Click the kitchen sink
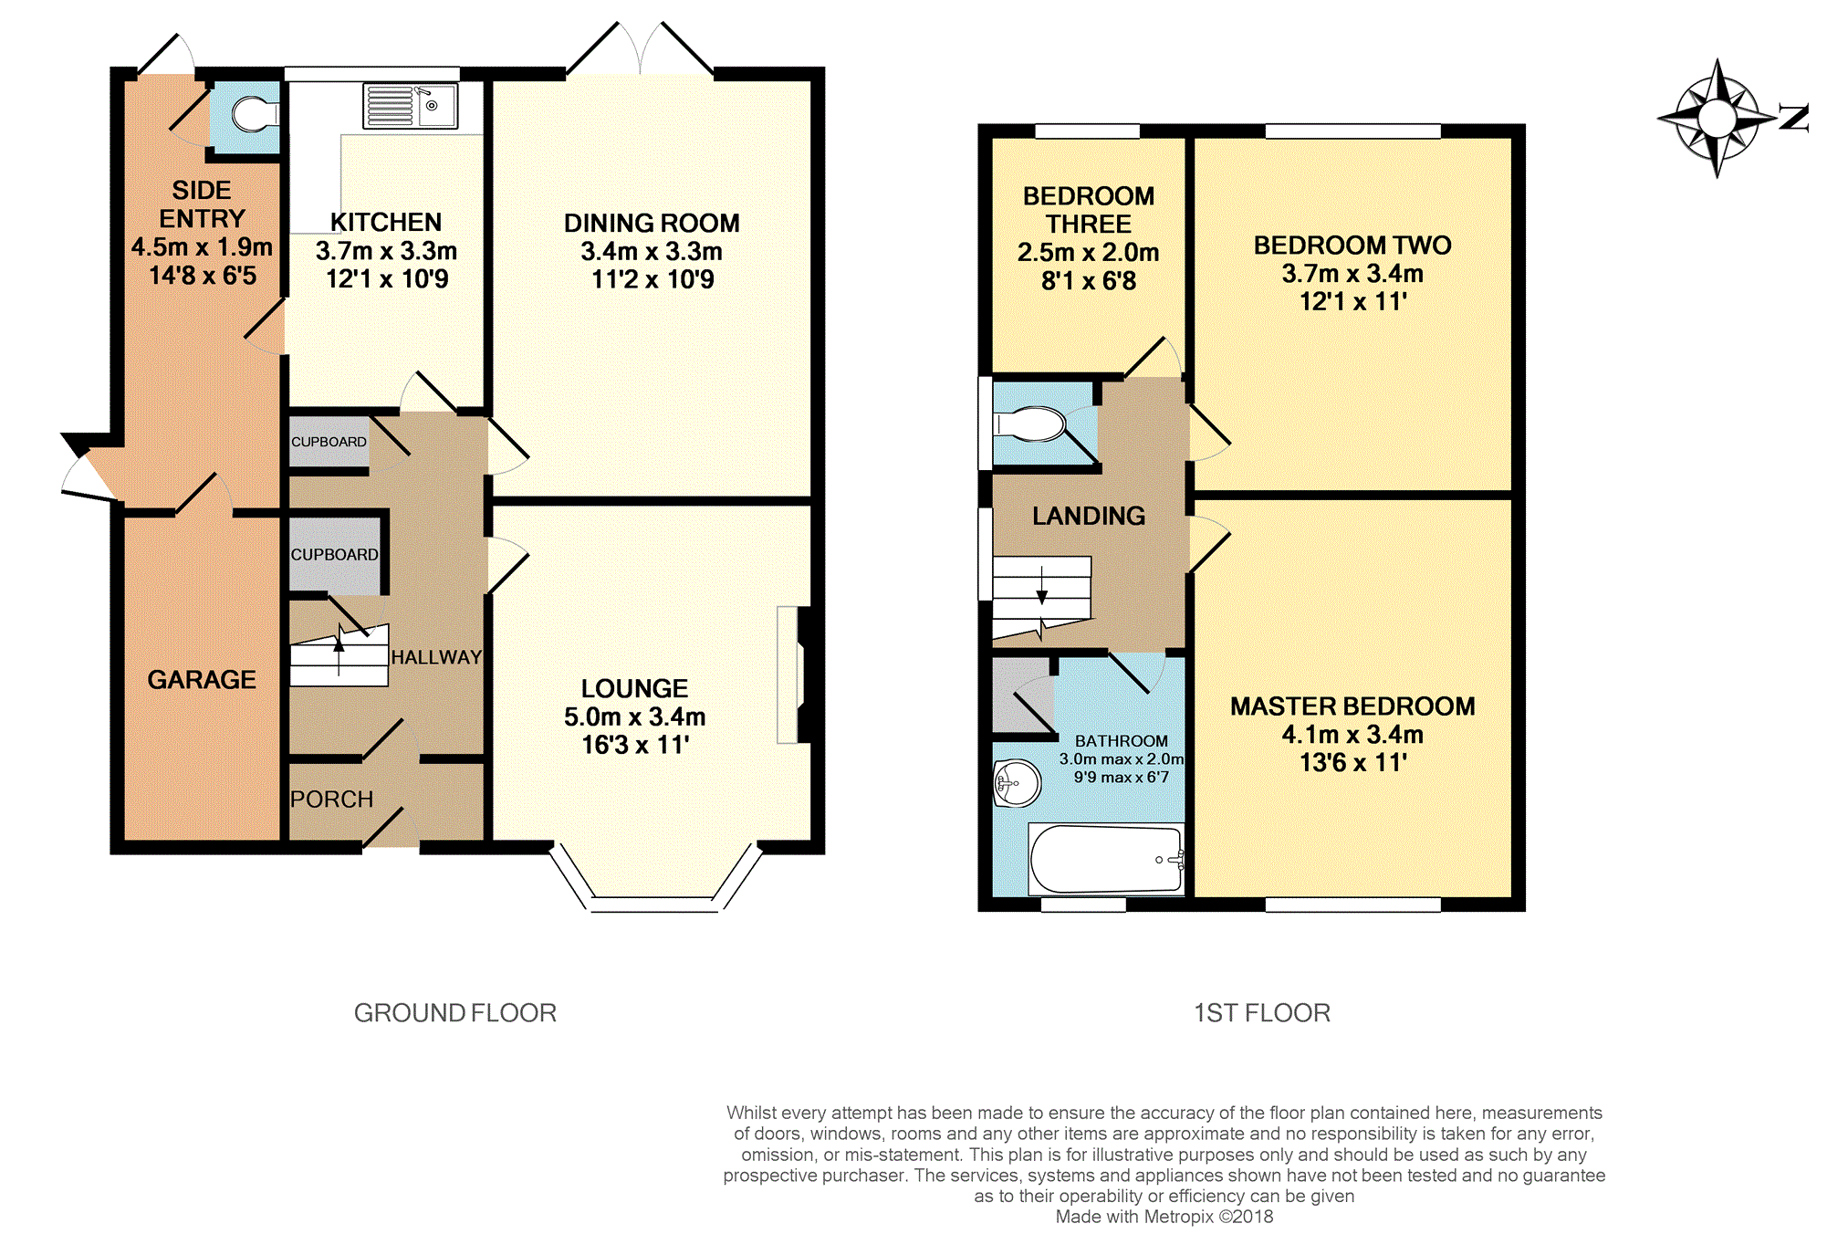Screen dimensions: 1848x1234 coord(411,106)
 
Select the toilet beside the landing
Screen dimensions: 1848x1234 coord(1030,424)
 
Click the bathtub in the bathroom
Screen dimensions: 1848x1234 coord(1106,859)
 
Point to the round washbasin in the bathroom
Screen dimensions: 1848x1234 coord(1018,783)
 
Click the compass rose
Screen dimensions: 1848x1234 coord(1717,118)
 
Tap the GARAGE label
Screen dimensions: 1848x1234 coord(202,680)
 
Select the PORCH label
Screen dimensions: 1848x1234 coord(332,800)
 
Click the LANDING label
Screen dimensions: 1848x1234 coord(1089,517)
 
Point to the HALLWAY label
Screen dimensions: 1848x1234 coord(436,657)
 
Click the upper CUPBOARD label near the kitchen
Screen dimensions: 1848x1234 coord(329,442)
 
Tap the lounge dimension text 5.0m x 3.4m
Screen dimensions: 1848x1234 coord(634,717)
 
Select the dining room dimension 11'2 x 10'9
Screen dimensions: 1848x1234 coord(653,279)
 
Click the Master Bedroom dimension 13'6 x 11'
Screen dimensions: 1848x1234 coord(1353,763)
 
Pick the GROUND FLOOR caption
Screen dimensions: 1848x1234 coord(455,1013)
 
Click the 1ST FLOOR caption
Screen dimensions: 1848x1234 coord(1262,1013)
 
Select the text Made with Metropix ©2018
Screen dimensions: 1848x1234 coord(1164,1217)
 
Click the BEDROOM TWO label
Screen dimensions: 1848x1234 coord(1352,246)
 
